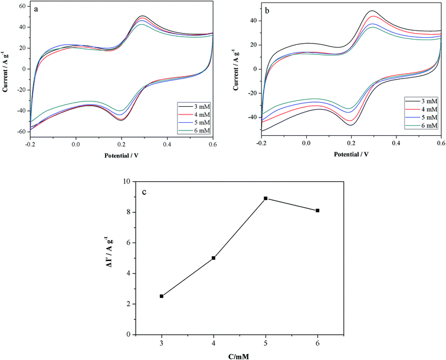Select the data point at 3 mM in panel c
162,296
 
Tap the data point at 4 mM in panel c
214,258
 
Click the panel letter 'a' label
37,10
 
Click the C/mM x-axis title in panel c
240,355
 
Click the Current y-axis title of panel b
240,69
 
